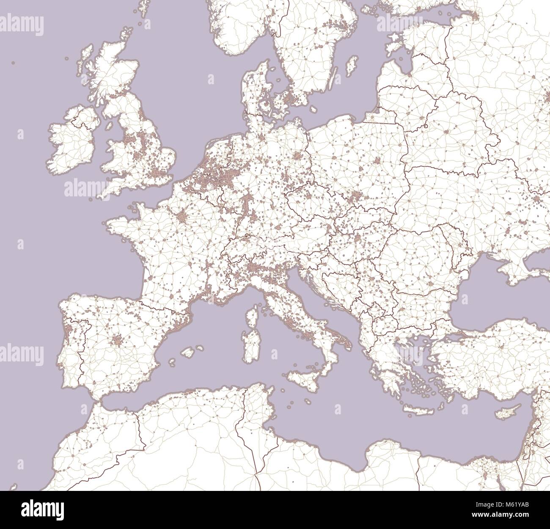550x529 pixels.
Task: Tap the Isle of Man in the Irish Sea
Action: (x=109, y=127)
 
